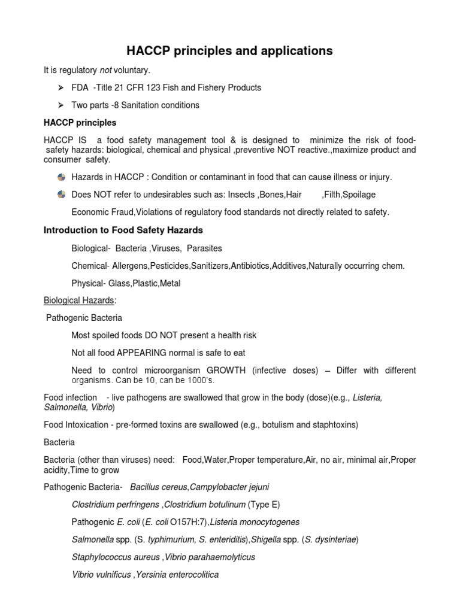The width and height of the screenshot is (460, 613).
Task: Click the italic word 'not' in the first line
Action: coord(106,71)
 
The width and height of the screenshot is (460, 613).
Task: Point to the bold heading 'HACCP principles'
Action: coord(80,123)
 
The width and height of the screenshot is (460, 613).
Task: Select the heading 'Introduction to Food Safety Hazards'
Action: coord(123,230)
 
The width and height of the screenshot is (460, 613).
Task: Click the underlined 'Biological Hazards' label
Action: coord(78,301)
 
